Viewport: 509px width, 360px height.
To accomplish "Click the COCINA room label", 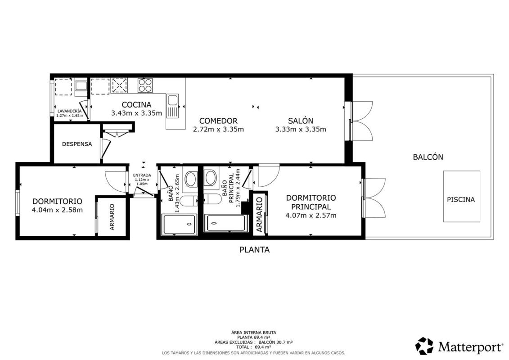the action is pos(136,105).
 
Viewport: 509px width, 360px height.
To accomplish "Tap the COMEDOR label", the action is pos(218,121).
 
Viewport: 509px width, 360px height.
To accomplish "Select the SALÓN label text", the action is pos(301,121).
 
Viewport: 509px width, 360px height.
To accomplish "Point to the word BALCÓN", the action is pos(428,157).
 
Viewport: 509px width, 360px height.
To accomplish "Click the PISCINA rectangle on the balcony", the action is pos(462,196).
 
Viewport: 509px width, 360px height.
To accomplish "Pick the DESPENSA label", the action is pos(77,144).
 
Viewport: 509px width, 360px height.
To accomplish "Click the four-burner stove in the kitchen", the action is pos(145,85).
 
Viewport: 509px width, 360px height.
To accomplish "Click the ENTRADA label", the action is pos(142,175).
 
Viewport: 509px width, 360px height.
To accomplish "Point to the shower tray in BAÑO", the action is pos(180,224).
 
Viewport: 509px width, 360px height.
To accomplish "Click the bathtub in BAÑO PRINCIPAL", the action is pos(225,223).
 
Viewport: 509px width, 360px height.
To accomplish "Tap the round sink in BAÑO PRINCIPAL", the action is pos(211,178).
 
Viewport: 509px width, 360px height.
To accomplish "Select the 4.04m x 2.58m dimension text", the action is pos(57,210).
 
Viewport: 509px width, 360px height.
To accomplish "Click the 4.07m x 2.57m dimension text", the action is pos(311,215).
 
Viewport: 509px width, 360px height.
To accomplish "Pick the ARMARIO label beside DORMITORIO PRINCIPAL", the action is pos(259,215).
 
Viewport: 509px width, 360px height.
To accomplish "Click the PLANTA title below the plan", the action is pos(255,250).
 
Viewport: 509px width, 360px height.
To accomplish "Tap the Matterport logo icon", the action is pos(424,346).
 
